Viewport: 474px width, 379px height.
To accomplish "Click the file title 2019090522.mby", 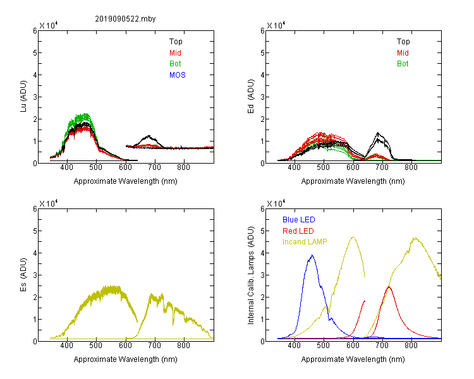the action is pos(125,19).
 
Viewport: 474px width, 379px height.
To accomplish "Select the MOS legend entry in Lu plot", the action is pos(178,75).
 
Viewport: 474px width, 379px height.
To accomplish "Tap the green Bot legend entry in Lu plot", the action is pos(175,64).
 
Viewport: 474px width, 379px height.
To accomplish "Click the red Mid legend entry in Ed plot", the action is pos(403,53).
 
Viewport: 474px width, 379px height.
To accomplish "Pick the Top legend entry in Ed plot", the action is pos(403,42).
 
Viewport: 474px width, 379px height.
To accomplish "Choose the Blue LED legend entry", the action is pos(299,220).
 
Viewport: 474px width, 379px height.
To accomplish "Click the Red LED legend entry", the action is pos(298,231).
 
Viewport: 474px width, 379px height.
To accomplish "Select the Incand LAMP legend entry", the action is pos(305,242).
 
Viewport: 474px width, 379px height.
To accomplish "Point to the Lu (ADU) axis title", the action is pos(23,97).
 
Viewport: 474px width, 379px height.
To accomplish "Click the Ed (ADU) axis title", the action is pos(251,97).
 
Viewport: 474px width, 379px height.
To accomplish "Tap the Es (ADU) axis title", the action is pos(23,275).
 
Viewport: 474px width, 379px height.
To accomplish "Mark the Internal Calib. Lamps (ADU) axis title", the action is pos(251,275).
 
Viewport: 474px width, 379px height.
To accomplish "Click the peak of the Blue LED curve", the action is pos(312,255).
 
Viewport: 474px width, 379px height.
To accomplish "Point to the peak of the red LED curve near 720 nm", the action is pos(389,287).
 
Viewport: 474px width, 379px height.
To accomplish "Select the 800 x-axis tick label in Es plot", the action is pos(183,345).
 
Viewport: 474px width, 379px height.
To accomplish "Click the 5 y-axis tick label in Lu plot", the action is pos(35,53).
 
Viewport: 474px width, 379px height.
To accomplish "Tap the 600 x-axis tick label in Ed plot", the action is pos(353,167).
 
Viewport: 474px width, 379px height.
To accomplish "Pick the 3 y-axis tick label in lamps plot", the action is pos(262,275).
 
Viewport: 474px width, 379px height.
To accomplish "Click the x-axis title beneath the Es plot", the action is pos(126,359).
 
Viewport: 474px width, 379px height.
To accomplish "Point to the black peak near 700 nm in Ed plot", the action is pos(378,133).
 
